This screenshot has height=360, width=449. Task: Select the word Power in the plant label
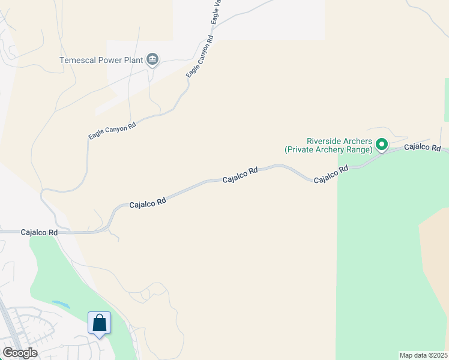click(111, 60)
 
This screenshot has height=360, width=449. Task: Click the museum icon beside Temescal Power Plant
click(152, 59)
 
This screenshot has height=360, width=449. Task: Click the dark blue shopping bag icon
click(99, 323)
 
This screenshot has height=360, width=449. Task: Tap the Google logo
click(20, 353)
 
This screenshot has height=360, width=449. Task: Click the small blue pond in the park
click(61, 304)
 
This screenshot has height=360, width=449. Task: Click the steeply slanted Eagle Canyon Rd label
click(200, 56)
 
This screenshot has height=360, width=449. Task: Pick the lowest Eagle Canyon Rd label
click(112, 131)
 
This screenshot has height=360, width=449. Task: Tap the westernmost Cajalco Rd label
click(39, 232)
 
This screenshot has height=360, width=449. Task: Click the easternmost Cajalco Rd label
click(423, 147)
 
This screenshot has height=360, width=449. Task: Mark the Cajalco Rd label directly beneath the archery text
click(331, 175)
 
